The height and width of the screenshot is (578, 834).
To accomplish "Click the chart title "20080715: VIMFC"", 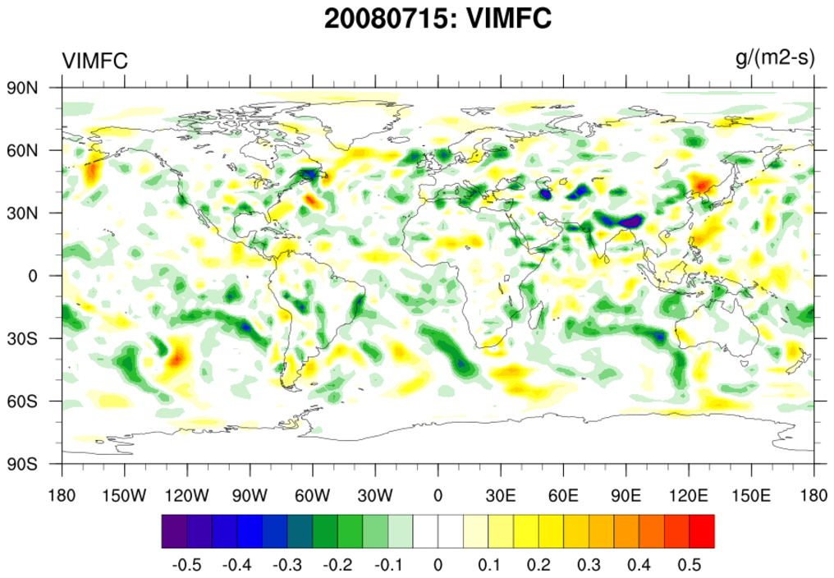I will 437,18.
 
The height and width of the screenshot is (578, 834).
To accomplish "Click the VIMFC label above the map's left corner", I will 94,61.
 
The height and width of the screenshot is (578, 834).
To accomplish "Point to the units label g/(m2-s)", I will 775,59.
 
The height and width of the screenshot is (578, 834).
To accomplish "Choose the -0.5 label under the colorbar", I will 187,565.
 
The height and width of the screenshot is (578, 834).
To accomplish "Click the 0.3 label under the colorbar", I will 589,565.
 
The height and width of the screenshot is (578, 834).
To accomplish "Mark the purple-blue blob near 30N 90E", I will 629,222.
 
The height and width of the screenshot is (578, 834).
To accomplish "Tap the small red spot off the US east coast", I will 310,199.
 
